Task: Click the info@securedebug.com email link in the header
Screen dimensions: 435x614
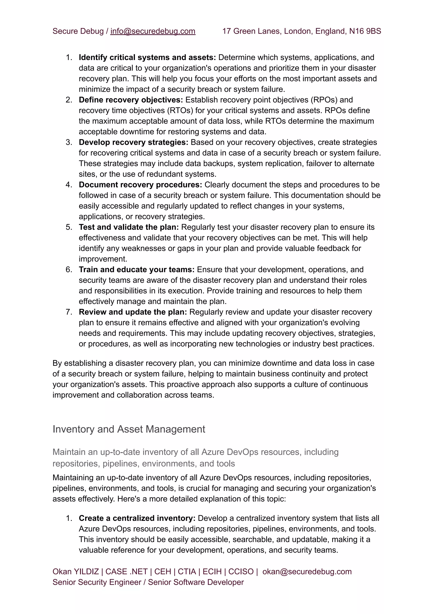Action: (x=153, y=31)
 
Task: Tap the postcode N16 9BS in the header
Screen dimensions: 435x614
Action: (x=365, y=31)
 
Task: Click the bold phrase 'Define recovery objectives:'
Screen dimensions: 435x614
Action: (x=131, y=100)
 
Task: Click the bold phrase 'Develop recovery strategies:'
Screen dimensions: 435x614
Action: (x=133, y=142)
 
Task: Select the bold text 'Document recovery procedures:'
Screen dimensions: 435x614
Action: (x=140, y=185)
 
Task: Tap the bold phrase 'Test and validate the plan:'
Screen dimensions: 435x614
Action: (x=129, y=227)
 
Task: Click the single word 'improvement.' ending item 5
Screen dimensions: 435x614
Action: (x=103, y=259)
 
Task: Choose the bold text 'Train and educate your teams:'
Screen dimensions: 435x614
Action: (x=137, y=270)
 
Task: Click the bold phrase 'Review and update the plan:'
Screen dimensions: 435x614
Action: (x=133, y=312)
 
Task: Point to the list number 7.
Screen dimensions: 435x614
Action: (x=69, y=312)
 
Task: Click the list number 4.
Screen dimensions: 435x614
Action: (x=69, y=185)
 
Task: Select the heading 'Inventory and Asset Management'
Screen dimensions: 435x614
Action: (x=129, y=429)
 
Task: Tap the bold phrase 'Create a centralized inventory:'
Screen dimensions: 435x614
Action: (x=137, y=518)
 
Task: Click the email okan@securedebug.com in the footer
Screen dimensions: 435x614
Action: (x=307, y=572)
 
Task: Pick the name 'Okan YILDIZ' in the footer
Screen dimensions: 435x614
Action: (x=76, y=572)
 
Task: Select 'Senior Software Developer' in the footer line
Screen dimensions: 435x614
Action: (x=196, y=582)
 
